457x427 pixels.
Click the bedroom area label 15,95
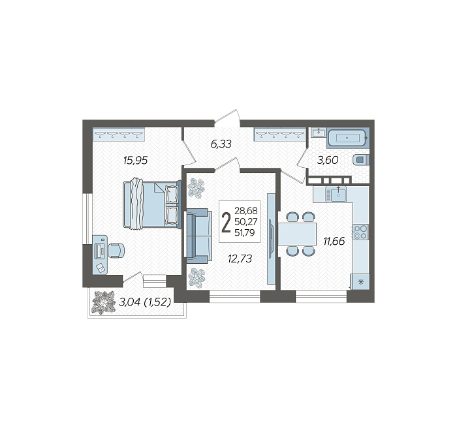pos(136,160)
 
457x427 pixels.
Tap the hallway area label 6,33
pos(221,144)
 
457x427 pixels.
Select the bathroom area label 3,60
pos(328,160)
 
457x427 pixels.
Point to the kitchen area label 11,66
pos(334,241)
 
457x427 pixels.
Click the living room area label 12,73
pos(240,259)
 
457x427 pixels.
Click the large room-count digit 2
pos(226,223)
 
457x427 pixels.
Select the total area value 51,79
pos(245,232)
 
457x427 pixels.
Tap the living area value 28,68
pos(246,210)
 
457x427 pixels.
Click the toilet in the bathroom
pos(361,160)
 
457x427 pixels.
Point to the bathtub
pos(347,138)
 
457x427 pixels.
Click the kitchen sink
pos(336,194)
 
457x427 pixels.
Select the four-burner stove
pos(360,232)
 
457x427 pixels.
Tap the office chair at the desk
pos(116,251)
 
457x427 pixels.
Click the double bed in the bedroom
pos(152,204)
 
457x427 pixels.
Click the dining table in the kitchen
pos(297,234)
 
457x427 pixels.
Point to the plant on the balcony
pos(103,302)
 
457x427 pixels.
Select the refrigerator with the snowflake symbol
pos(360,282)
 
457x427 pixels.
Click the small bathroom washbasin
pos(319,133)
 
